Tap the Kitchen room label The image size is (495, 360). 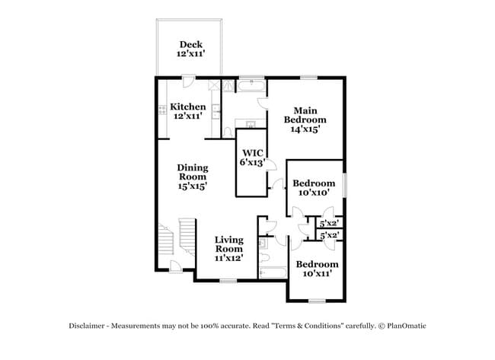pyautogui.click(x=187, y=107)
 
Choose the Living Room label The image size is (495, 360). pyautogui.click(x=228, y=244)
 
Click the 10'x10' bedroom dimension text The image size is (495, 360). pyautogui.click(x=314, y=193)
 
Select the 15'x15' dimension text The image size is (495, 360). pyautogui.click(x=192, y=186)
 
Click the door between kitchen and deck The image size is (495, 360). pyautogui.click(x=189, y=81)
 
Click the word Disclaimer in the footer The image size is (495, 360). pyautogui.click(x=90, y=326)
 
